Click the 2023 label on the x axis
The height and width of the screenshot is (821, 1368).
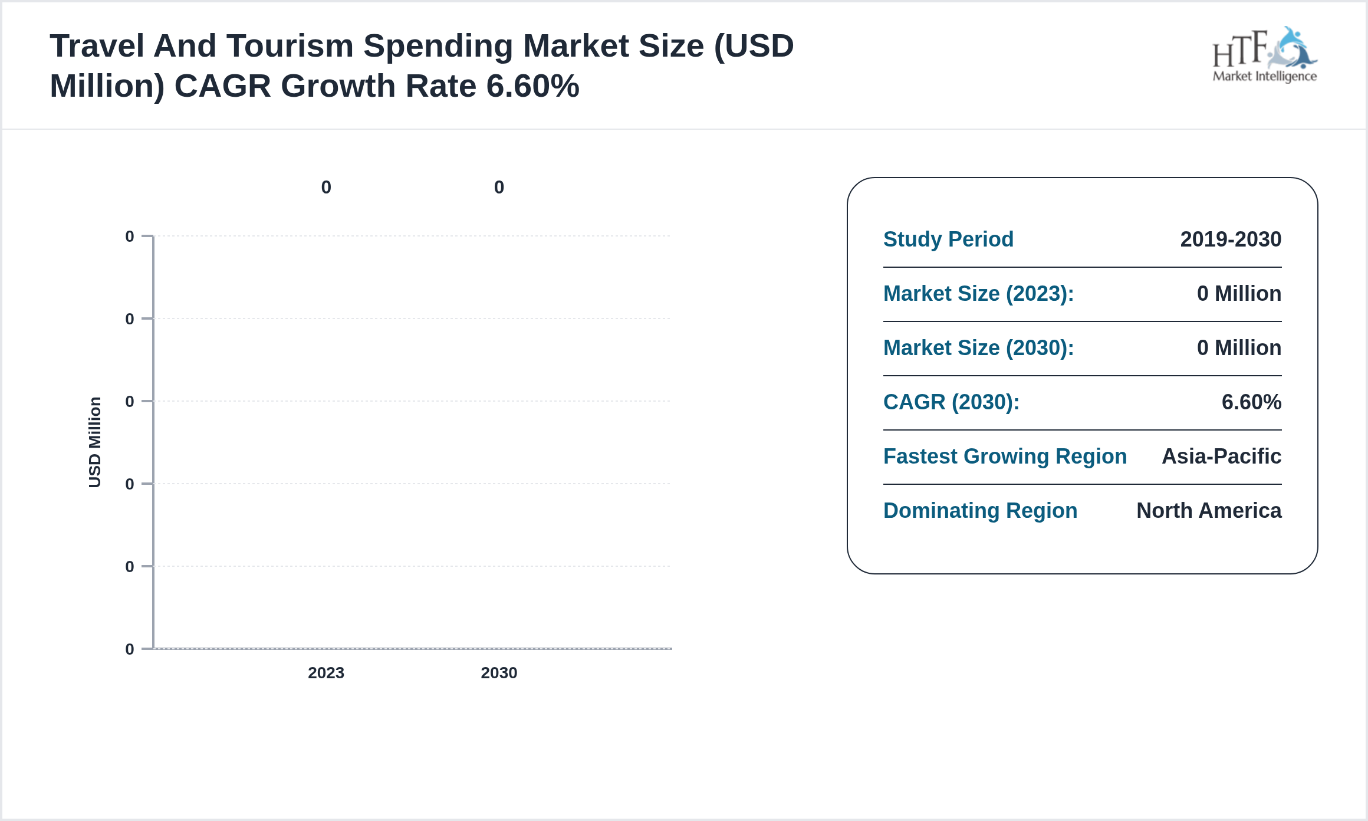[325, 673]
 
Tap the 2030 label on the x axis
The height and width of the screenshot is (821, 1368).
[499, 673]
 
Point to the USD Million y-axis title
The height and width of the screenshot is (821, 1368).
[95, 442]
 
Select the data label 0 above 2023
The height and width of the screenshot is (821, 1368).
[326, 188]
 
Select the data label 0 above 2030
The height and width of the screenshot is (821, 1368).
[499, 188]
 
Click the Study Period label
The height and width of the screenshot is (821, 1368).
[948, 239]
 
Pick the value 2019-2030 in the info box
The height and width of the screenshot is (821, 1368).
[1231, 239]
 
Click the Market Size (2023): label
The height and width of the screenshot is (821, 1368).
[978, 294]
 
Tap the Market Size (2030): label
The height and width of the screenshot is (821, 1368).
[978, 348]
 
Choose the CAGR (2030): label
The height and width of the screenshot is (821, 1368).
[951, 402]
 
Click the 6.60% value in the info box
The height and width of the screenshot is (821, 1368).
[1251, 402]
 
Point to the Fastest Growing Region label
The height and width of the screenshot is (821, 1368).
[1005, 457]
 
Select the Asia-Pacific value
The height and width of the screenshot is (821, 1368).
[1221, 457]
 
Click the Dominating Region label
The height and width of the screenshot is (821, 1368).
[980, 511]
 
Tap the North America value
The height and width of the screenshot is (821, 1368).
[1209, 511]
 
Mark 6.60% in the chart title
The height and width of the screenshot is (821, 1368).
[532, 86]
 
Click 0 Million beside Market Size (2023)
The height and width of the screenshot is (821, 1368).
[1239, 294]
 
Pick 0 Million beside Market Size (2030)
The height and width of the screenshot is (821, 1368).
[1239, 348]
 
